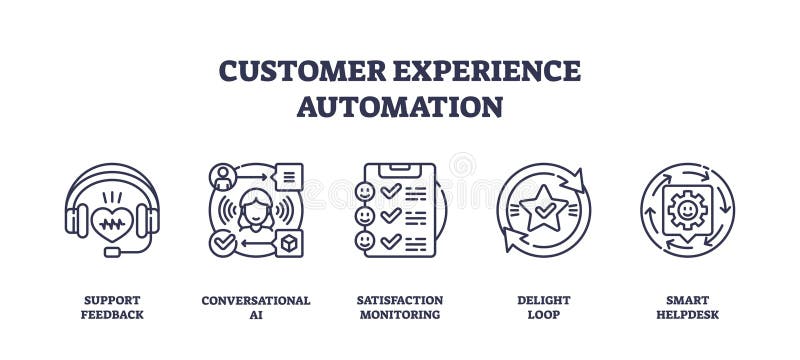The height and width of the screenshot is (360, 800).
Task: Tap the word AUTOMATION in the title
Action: coord(399,106)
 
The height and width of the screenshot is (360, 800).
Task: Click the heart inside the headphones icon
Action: coord(112,222)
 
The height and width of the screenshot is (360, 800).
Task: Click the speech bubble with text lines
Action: coord(287,177)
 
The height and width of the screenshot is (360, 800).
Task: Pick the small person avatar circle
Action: coord(222,178)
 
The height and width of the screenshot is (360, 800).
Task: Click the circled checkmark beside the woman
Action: coord(222,243)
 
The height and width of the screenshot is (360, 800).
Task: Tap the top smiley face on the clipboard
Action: coord(367,190)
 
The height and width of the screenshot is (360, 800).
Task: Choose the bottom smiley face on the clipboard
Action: coord(367,241)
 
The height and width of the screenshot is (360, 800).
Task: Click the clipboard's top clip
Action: coord(400,167)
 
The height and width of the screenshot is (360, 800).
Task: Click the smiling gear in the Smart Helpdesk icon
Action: coord(687,211)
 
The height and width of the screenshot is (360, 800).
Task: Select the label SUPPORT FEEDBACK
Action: coord(112,307)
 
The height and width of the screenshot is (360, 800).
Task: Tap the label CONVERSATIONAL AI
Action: coord(256,307)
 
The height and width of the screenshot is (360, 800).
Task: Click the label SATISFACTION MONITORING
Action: coord(400,307)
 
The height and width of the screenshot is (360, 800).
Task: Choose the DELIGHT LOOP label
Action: coord(544,307)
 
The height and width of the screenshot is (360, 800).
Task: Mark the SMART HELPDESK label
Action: coord(687,307)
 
